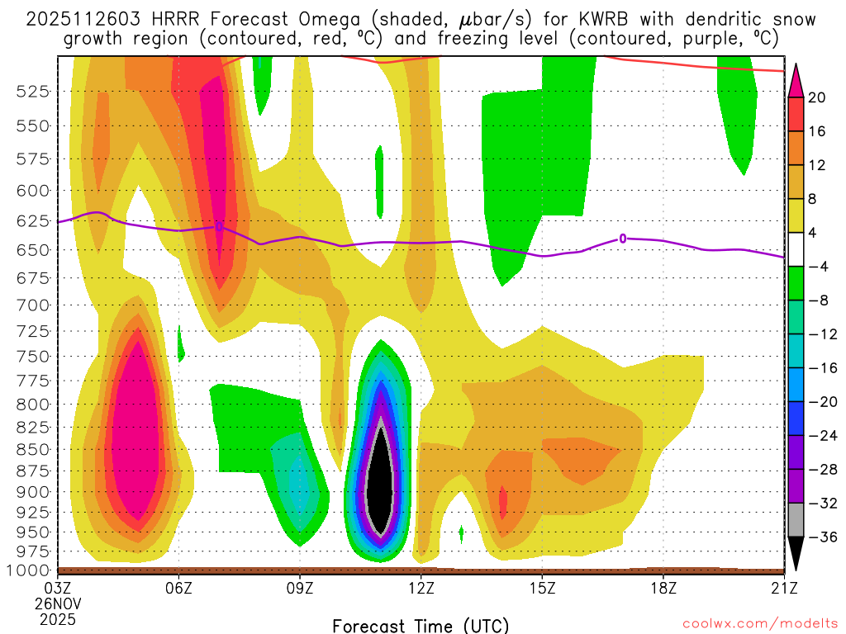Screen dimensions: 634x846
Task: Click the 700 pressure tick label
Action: (32, 305)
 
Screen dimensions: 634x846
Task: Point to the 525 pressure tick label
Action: (32, 92)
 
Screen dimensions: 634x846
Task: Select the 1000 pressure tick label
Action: (28, 570)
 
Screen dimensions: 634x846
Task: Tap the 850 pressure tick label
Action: (32, 450)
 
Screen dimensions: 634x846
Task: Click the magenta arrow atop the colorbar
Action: (796, 80)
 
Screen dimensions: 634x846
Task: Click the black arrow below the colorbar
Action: (796, 555)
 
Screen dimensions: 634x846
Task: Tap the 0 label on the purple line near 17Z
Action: (623, 239)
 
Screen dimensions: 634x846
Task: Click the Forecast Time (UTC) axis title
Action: (421, 625)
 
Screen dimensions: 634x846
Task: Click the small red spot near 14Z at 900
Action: (503, 499)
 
